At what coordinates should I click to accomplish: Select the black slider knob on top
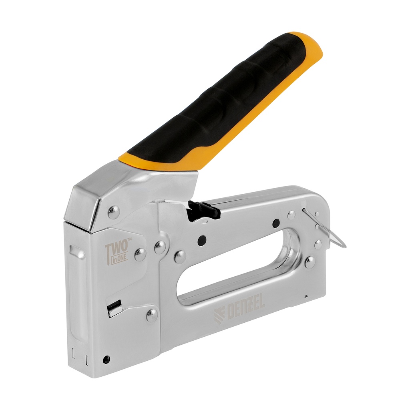tap(203, 211)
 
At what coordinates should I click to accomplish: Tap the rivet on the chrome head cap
tap(114, 212)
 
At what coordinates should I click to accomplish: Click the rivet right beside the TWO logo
tap(140, 254)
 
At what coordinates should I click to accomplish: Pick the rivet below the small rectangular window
tap(152, 315)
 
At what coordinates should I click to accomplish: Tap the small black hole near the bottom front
tap(106, 359)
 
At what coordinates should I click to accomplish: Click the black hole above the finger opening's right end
tap(276, 223)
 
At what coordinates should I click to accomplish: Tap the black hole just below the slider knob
tap(202, 240)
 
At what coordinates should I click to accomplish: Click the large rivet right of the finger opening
tap(310, 262)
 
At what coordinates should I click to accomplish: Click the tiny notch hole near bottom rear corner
tap(306, 297)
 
